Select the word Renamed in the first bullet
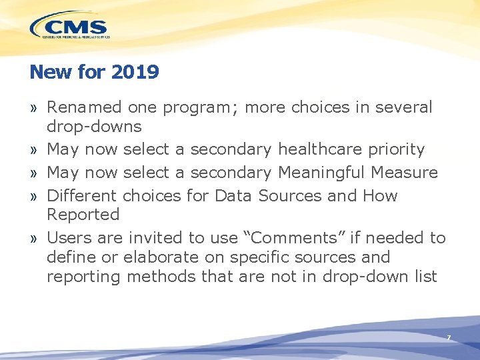click(84, 107)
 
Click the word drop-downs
click(94, 126)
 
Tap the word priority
click(398, 149)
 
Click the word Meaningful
click(320, 173)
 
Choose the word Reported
click(83, 215)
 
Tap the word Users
click(68, 238)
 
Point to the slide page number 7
click(449, 338)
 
